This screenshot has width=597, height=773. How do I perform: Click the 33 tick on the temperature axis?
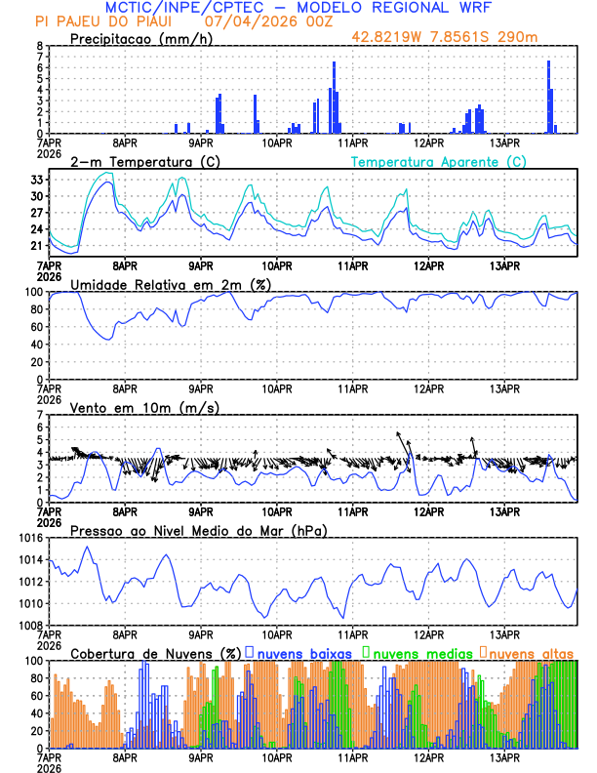click(37, 180)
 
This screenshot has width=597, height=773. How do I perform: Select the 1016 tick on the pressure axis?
click(31, 538)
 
